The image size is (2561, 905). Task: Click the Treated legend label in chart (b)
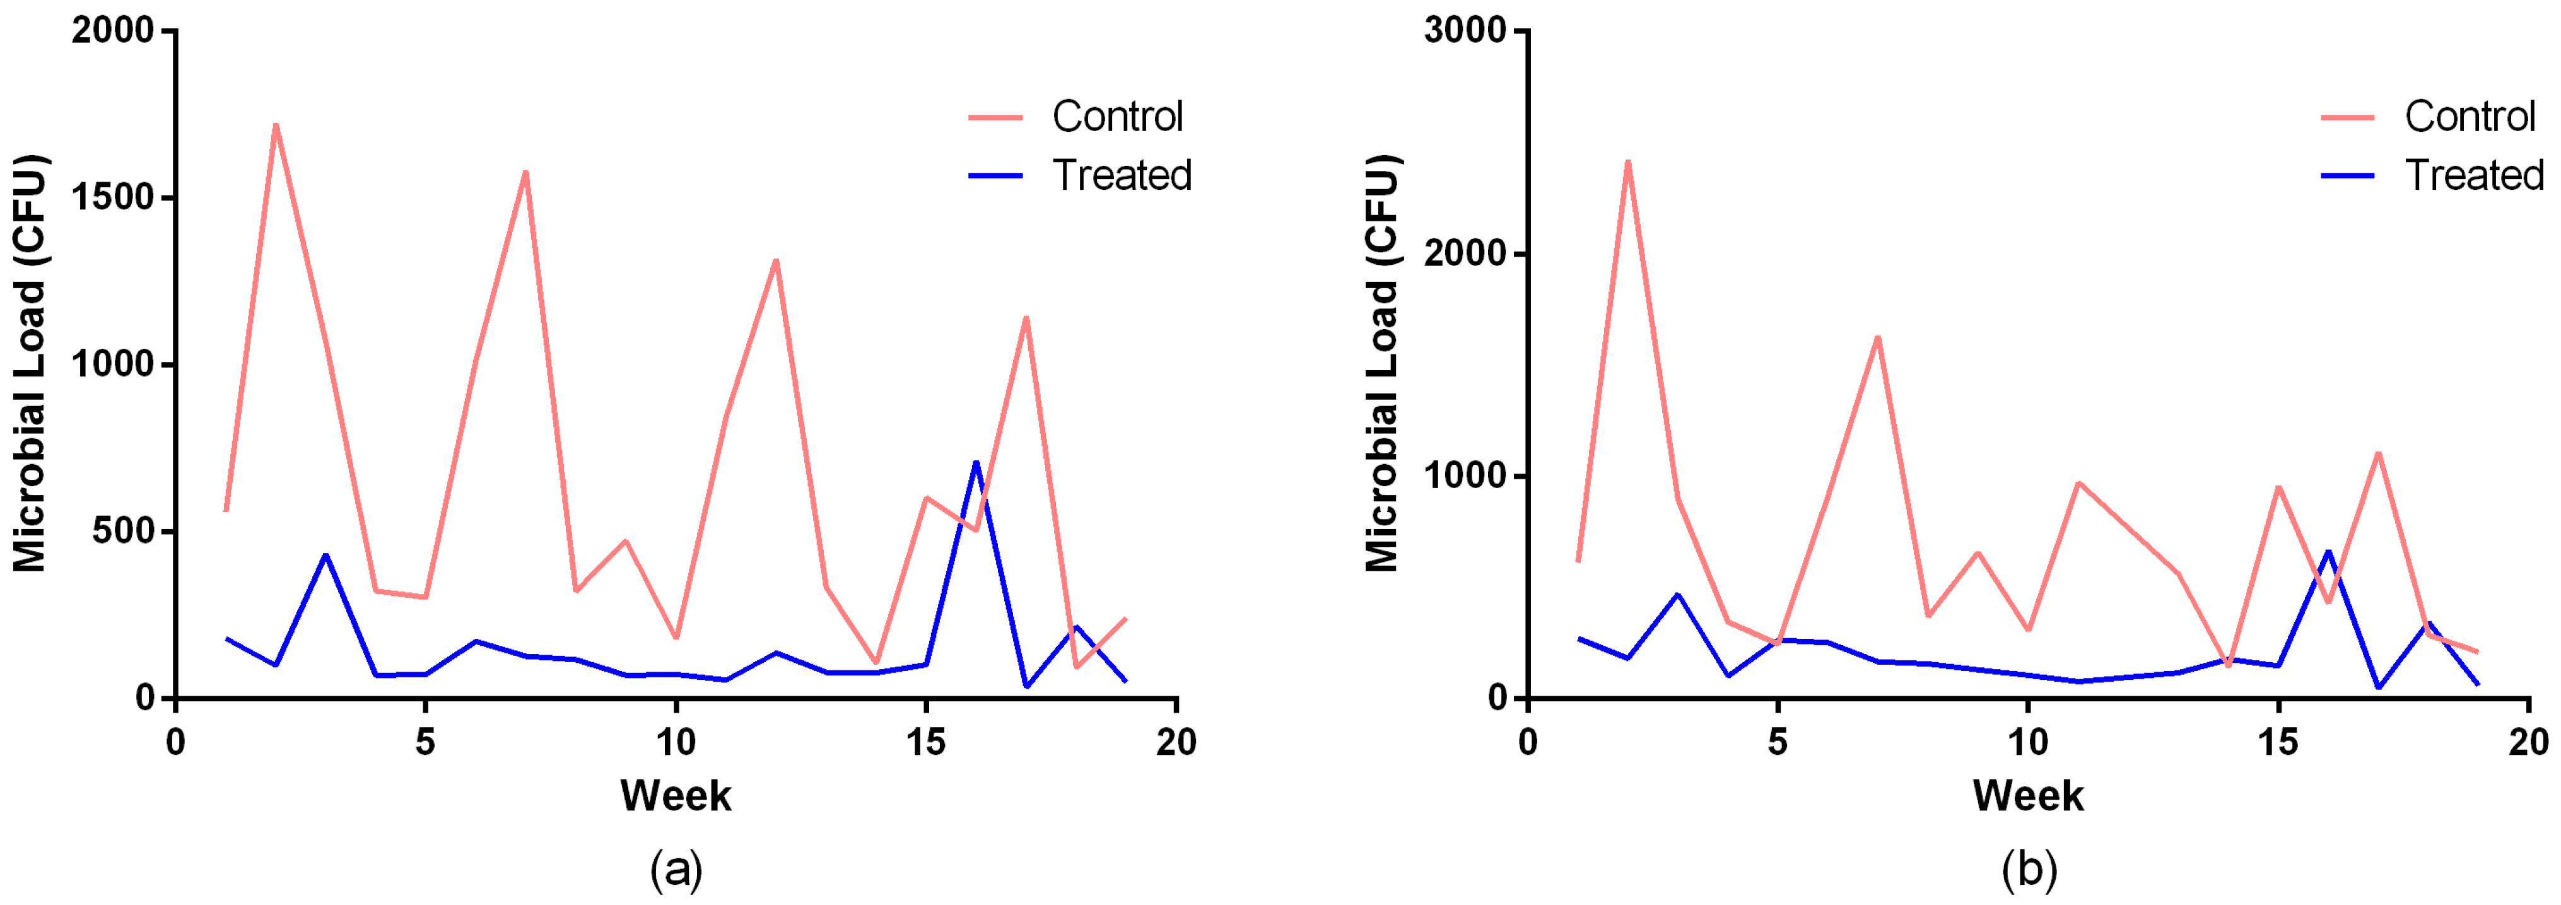pyautogui.click(x=2473, y=175)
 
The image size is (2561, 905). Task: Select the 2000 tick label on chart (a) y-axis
pyautogui.click(x=112, y=31)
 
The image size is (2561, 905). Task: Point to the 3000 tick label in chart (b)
pyautogui.click(x=1465, y=31)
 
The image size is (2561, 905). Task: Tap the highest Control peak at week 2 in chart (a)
pyautogui.click(x=276, y=126)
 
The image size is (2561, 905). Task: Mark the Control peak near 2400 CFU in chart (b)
pyautogui.click(x=1627, y=161)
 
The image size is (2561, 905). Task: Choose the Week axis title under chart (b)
pyautogui.click(x=2027, y=796)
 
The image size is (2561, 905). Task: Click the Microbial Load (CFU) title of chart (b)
pyautogui.click(x=1383, y=363)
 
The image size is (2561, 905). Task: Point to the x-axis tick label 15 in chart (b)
pyautogui.click(x=2278, y=742)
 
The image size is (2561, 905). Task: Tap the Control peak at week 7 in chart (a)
pyautogui.click(x=526, y=172)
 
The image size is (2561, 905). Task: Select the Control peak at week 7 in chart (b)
pyautogui.click(x=1877, y=337)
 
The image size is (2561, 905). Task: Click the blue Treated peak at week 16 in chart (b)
pyautogui.click(x=2328, y=551)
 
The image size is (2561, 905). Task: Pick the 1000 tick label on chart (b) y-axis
pyautogui.click(x=1465, y=476)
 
